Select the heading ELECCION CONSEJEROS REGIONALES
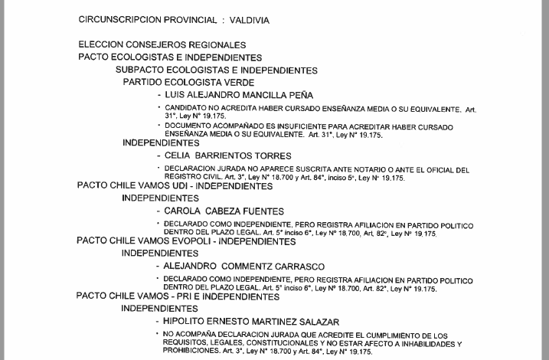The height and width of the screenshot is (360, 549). pyautogui.click(x=162, y=45)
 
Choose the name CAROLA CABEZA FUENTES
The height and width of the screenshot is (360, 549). pyautogui.click(x=224, y=211)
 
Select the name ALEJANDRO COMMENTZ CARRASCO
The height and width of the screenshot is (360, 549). pyautogui.click(x=243, y=267)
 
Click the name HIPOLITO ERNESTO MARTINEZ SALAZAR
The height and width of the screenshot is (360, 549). pyautogui.click(x=251, y=322)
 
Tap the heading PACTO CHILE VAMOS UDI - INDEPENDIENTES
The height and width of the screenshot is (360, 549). pyautogui.click(x=175, y=186)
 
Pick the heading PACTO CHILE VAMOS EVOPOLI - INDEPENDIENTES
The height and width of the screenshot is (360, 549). pyautogui.click(x=185, y=241)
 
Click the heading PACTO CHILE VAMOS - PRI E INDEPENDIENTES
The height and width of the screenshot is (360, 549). pyautogui.click(x=178, y=296)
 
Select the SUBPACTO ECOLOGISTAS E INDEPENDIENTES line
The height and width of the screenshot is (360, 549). pyautogui.click(x=217, y=70)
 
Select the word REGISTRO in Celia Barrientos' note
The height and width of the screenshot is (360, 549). pyautogui.click(x=185, y=177)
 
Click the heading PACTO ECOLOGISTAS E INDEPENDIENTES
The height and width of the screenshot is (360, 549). pyautogui.click(x=170, y=57)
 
